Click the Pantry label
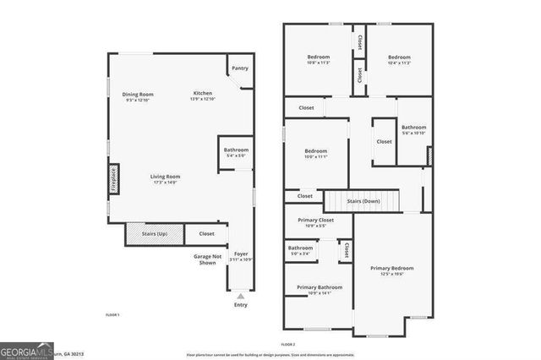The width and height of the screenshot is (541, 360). (x=240, y=68)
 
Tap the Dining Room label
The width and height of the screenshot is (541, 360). (x=138, y=94)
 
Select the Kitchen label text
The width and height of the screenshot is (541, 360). (x=203, y=93)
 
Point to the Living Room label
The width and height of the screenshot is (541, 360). (x=167, y=176)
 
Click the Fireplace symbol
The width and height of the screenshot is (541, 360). (x=112, y=180)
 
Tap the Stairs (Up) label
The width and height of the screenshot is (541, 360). (x=154, y=233)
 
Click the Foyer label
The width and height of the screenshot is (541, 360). (x=241, y=254)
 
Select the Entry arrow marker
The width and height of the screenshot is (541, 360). (x=242, y=296)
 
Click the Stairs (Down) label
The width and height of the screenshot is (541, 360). (x=364, y=201)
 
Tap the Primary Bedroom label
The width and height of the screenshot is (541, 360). (x=391, y=269)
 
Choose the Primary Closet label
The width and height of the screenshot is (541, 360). (x=315, y=221)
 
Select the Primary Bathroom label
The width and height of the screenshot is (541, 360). (x=319, y=287)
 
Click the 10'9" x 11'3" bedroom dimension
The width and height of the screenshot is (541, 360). (x=318, y=63)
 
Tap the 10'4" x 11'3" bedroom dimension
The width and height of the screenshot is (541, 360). (x=399, y=63)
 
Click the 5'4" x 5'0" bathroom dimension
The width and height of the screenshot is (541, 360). (x=236, y=155)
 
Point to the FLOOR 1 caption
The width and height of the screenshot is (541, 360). (x=112, y=315)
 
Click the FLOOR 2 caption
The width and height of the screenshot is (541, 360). (x=288, y=344)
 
